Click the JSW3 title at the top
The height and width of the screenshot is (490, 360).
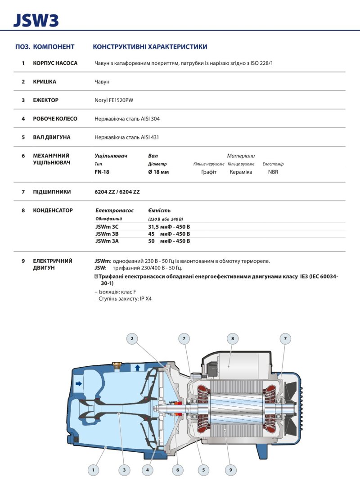tap(36, 20)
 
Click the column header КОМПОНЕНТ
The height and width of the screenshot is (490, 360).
tap(54, 47)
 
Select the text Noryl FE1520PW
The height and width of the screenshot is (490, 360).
tap(115, 100)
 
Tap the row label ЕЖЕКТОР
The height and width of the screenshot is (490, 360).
tap(45, 100)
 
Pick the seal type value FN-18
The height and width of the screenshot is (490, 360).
tap(102, 172)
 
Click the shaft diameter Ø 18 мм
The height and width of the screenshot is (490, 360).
tap(158, 172)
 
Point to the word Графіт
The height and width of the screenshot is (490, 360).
tap(209, 172)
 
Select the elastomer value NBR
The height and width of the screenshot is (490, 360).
tap(273, 172)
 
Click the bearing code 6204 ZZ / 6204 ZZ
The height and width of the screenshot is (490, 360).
tap(117, 192)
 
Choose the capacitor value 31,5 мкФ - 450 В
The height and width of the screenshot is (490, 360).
tap(169, 227)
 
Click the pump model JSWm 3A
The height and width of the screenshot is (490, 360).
tap(107, 241)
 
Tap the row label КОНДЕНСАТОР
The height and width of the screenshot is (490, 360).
tap(53, 210)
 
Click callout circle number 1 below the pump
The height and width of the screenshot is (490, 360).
tap(93, 470)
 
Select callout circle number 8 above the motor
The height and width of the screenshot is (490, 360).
tap(232, 338)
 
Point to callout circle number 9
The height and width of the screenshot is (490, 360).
tap(230, 470)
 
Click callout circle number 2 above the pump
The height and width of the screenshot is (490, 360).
tap(132, 338)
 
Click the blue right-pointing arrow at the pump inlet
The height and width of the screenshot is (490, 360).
tap(79, 384)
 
